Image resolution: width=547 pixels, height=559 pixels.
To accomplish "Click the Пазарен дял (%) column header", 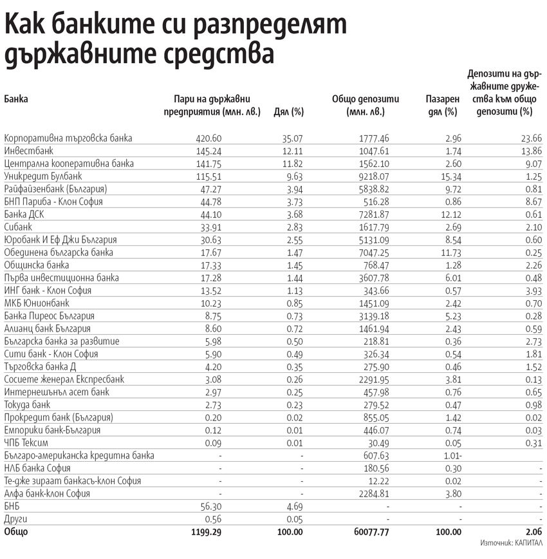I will click(x=442, y=105).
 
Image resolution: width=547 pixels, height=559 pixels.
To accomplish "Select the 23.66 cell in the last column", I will click(x=532, y=138).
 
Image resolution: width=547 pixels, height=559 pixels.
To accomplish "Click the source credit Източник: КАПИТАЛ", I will click(x=511, y=543).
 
